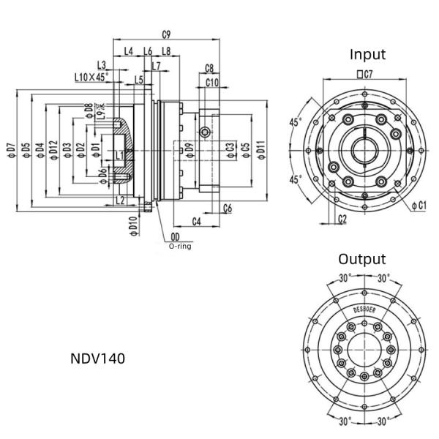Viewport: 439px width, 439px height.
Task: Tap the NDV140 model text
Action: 97,359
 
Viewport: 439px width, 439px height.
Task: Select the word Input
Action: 367,54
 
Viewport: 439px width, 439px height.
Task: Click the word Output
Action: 361,259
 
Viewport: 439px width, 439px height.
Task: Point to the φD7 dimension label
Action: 10,149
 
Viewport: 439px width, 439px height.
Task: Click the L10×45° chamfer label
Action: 91,76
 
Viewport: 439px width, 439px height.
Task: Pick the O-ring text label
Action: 180,247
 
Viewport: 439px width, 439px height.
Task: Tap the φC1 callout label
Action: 418,206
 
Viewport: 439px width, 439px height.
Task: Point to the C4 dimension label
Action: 197,220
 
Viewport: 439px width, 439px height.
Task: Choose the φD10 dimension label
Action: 132,225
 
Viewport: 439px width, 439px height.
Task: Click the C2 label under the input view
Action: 343,217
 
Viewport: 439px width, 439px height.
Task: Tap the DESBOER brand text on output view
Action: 363,309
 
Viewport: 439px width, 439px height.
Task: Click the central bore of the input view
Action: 364,151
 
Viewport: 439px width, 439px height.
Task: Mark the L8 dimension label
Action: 166,50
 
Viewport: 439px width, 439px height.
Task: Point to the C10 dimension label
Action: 212,82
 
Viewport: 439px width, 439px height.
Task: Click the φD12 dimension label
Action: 53,149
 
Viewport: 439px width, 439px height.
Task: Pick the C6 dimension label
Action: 228,209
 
